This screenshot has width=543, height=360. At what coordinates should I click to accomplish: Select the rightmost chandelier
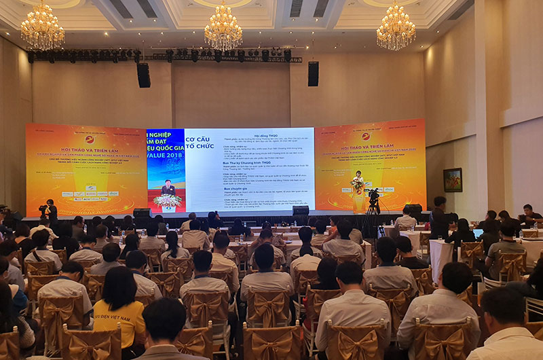tap(396, 29)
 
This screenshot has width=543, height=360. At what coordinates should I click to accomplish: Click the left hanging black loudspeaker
tap(144, 75)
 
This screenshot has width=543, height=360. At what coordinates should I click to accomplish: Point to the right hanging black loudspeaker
tap(313, 73)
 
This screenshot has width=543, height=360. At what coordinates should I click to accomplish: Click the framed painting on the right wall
tap(453, 180)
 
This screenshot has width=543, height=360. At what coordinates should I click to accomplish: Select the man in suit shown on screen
tap(166, 187)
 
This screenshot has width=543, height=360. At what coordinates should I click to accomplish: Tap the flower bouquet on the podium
tap(357, 185)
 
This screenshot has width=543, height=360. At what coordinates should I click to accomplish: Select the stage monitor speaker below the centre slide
tap(301, 212)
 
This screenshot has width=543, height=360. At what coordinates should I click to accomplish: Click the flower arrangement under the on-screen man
tap(166, 201)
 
